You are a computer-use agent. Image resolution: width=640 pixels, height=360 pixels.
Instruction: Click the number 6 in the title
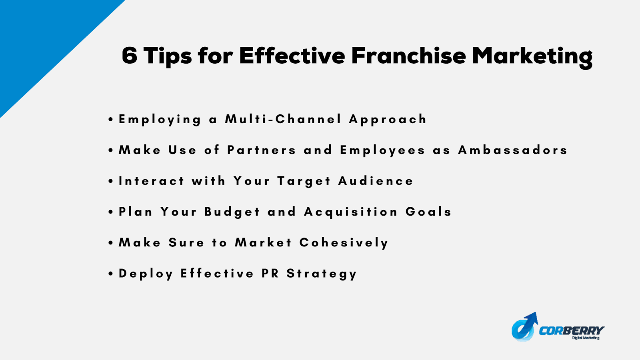click(130, 56)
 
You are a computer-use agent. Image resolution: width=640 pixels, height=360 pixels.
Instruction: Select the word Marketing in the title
click(532, 58)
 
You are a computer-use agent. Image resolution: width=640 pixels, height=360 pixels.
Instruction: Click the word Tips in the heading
click(168, 58)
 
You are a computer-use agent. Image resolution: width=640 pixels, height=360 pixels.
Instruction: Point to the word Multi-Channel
click(283, 119)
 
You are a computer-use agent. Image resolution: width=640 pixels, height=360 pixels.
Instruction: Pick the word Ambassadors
click(512, 150)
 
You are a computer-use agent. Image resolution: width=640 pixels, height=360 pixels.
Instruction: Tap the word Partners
click(262, 150)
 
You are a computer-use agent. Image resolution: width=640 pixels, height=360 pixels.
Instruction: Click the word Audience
click(376, 181)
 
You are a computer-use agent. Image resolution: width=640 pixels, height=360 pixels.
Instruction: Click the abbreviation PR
click(270, 274)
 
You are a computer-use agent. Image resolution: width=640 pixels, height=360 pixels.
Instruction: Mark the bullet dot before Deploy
click(111, 274)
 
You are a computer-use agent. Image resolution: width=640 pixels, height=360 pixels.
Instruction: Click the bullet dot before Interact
click(111, 181)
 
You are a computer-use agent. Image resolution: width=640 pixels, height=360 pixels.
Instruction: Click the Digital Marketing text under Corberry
click(586, 338)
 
